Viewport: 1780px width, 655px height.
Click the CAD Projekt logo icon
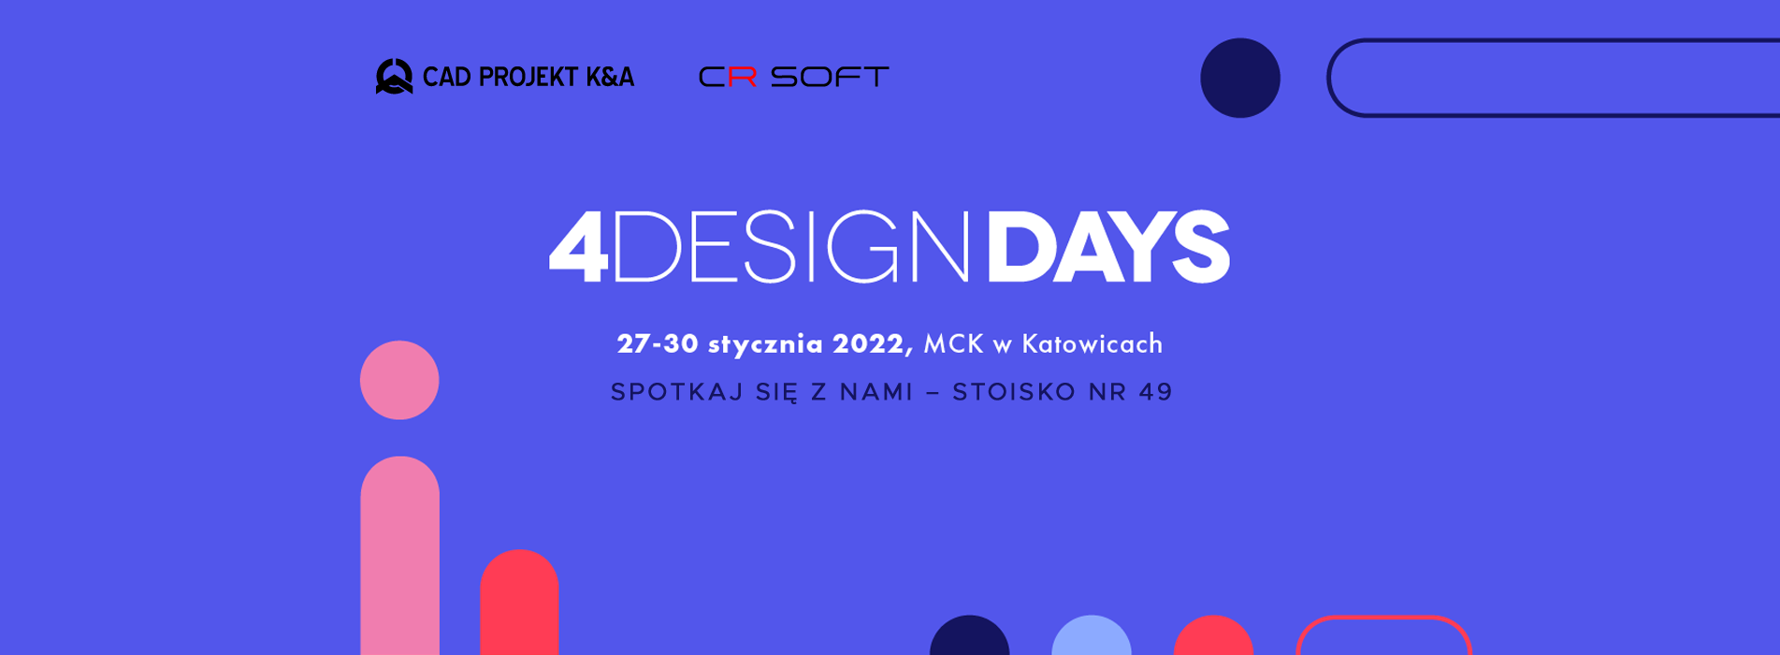coord(394,77)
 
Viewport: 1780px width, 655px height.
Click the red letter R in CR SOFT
coord(743,77)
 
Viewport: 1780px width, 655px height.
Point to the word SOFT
coord(830,77)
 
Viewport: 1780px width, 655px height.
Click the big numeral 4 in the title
coord(579,247)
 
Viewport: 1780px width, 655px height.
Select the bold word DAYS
coord(1108,247)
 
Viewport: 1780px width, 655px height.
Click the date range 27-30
coord(658,343)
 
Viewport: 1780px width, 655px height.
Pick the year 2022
coord(868,343)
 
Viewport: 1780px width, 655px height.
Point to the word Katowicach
coord(1093,343)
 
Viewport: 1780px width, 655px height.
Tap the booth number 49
coord(1155,392)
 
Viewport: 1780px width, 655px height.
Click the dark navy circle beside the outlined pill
coord(1240,78)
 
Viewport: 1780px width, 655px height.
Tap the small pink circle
coord(399,380)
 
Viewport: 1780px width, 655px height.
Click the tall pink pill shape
coord(399,556)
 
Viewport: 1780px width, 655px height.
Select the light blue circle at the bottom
coord(1092,636)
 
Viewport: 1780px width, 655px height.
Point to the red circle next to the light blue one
coord(1213,636)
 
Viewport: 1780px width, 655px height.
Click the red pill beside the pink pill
coord(519,603)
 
